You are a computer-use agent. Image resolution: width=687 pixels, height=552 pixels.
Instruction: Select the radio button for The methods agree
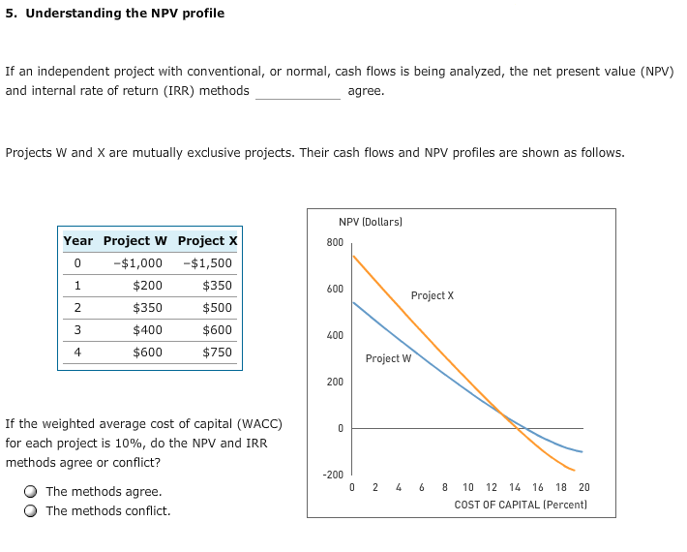click(x=31, y=492)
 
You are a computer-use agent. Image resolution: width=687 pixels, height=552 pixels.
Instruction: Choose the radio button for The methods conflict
click(x=31, y=511)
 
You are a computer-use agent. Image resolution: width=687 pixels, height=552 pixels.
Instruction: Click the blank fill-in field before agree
click(x=297, y=91)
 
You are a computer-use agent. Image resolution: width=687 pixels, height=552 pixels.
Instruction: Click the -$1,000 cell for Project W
click(x=137, y=262)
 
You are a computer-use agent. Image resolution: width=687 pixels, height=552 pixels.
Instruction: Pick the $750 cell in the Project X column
click(x=217, y=352)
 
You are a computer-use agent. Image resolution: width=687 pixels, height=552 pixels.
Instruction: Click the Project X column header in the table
click(x=207, y=240)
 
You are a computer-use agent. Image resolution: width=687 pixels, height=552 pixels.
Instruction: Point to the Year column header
click(x=78, y=240)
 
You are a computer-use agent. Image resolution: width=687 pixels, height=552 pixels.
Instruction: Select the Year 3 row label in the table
click(x=78, y=329)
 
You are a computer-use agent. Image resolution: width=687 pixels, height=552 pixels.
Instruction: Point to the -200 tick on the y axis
click(x=333, y=475)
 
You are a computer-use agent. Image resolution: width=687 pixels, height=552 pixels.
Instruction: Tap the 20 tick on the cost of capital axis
click(x=583, y=488)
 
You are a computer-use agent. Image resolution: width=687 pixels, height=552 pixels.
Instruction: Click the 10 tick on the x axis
click(x=467, y=488)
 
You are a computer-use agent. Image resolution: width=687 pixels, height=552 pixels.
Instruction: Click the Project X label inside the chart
click(x=432, y=295)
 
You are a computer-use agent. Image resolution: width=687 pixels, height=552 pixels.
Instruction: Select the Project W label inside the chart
click(x=388, y=358)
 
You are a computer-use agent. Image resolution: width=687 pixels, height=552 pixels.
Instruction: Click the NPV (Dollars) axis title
click(x=370, y=222)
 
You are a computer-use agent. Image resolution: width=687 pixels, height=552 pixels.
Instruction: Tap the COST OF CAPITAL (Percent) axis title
click(x=522, y=505)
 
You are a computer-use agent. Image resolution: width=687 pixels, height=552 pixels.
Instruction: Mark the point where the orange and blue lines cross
click(x=503, y=414)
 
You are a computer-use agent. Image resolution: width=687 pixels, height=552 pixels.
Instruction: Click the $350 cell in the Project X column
click(x=217, y=285)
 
